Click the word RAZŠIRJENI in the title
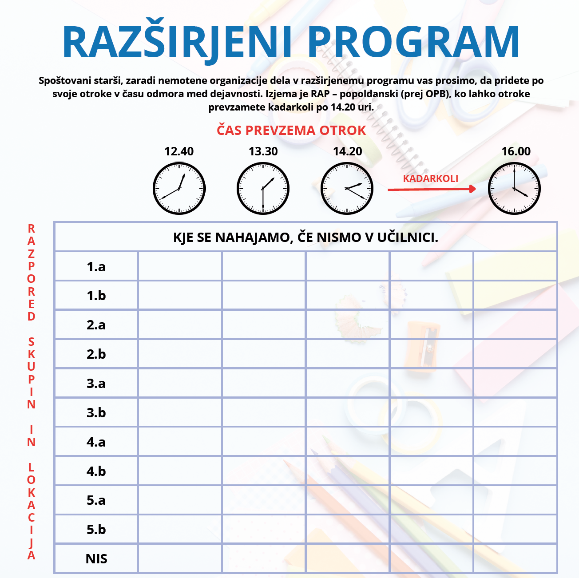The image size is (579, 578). coord(177,42)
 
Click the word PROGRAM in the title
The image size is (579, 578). coord(413,42)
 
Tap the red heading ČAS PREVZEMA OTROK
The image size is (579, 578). coord(291,131)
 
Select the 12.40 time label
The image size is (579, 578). coord(179,151)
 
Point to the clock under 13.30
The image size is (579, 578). coord(263,189)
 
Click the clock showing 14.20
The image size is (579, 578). coord(347,189)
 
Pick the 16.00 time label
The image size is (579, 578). coord(516,151)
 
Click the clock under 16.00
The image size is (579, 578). coord(514,189)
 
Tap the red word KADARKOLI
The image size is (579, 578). coord(430,178)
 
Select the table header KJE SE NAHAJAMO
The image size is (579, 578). coord(305,238)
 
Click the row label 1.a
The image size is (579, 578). coord(96,267)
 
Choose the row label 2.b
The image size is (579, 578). coord(96,354)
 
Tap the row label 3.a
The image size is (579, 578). coord(96,384)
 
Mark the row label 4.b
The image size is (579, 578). coord(96,471)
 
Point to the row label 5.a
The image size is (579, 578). coord(96,500)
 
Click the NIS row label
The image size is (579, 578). coord(96,559)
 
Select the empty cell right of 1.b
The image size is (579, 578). coord(180,296)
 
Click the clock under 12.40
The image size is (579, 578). coord(179,189)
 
